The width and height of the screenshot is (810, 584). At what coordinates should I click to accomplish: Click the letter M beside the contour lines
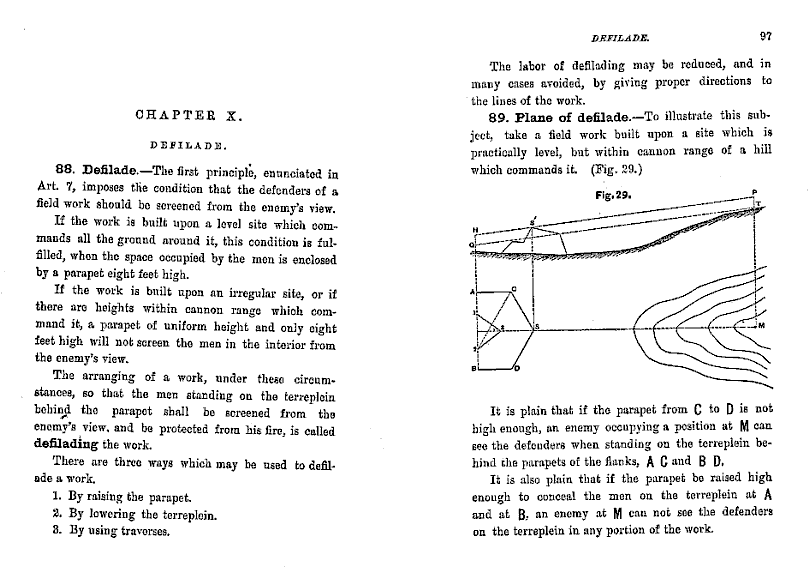point(762,327)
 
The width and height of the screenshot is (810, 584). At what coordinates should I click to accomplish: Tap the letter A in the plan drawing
point(470,291)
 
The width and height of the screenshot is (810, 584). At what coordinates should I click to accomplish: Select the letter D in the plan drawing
point(517,370)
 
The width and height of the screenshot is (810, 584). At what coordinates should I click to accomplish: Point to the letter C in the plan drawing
point(513,289)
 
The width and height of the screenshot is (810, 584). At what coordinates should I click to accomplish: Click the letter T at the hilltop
point(759,204)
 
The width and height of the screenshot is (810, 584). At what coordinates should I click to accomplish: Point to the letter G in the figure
point(471,244)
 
